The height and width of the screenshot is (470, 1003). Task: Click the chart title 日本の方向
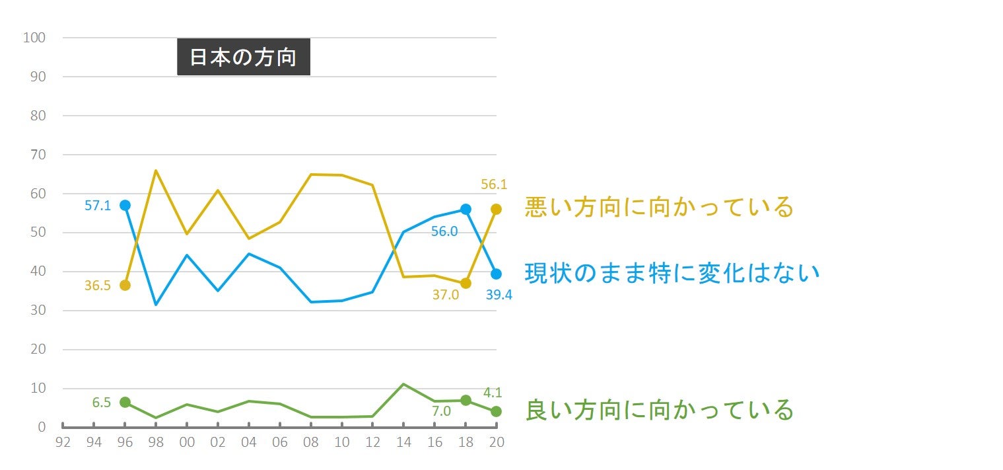pos(243,58)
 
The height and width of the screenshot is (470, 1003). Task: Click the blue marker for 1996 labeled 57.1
pos(125,205)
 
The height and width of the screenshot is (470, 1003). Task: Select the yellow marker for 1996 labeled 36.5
pos(125,285)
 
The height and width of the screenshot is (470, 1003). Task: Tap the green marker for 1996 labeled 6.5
pos(125,402)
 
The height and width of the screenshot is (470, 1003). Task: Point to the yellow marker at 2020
pos(497,209)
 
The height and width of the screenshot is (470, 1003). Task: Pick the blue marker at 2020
pos(497,274)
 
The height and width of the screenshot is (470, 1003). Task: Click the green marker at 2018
pos(466,400)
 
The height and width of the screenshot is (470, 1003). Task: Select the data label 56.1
pos(493,185)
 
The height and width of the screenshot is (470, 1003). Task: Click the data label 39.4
pos(499,295)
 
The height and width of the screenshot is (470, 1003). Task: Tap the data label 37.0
pos(445,295)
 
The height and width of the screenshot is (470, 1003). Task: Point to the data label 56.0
pos(444,232)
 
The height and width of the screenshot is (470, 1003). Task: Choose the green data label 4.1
pos(493,392)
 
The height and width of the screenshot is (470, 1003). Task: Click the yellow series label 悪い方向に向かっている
pos(658,207)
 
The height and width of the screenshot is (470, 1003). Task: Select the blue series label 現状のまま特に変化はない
pos(672,272)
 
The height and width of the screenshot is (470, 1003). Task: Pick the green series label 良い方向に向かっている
pos(658,409)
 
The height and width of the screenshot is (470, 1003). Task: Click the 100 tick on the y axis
pos(34,38)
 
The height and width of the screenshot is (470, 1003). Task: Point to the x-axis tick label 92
pos(63,442)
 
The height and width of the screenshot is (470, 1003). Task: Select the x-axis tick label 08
pos(311,442)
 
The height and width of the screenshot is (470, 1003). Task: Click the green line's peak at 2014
pos(403,384)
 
